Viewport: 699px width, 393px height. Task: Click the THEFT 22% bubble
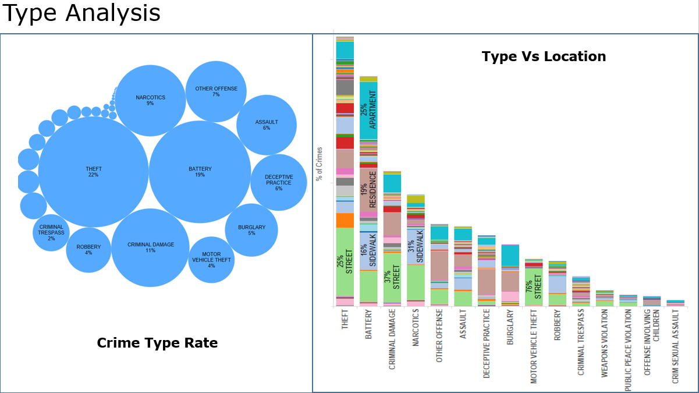click(93, 172)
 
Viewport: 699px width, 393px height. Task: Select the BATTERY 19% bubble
click(200, 172)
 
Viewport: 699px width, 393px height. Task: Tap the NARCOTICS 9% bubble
click(150, 100)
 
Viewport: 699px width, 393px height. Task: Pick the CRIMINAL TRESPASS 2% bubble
click(51, 232)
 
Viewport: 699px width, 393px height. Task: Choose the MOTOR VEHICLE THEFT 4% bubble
click(211, 260)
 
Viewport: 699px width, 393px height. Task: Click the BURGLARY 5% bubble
click(251, 230)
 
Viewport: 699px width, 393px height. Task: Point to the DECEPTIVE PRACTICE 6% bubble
click(279, 182)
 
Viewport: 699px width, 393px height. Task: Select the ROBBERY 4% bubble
click(88, 250)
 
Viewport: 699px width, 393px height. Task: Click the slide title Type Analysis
click(81, 13)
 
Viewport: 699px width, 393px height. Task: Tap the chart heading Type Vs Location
click(544, 56)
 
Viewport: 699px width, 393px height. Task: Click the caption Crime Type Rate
click(157, 343)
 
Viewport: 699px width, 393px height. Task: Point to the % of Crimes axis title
click(319, 164)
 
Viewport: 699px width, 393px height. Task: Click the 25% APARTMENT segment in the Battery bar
click(368, 111)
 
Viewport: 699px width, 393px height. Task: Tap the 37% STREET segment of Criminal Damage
click(392, 278)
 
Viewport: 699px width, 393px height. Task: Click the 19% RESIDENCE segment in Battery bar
click(368, 189)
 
